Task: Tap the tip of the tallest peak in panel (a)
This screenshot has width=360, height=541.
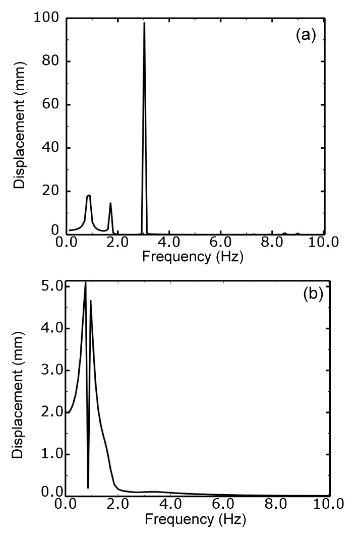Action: tap(144, 23)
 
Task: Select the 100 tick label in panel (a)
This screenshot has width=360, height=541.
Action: tap(47, 19)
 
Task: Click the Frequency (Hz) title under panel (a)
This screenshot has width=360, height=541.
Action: tap(193, 258)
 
